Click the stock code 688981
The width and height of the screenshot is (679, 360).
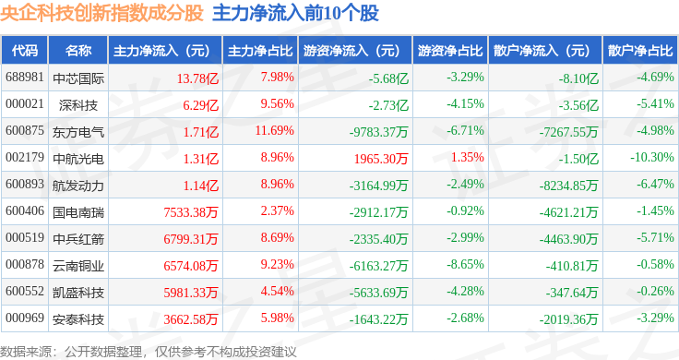25,78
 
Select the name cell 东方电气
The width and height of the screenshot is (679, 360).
78,132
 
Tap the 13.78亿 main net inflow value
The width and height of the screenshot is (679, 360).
197,78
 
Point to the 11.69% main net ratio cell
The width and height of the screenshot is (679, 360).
275,130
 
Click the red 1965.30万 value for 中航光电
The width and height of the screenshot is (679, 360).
381,159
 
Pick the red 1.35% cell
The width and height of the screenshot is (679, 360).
467,157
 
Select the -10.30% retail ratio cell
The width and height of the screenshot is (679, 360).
652,157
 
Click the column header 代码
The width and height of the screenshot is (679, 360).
25,50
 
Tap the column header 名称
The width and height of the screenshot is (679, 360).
78,50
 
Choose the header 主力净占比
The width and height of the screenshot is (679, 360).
260,51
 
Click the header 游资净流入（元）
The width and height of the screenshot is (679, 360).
351,51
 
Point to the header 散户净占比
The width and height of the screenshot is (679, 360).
640,51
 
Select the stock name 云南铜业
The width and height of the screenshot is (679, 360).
78,266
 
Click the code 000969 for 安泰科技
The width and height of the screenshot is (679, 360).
25,318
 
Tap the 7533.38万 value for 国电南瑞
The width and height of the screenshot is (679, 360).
191,212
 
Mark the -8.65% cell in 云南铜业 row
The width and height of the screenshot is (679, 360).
466,264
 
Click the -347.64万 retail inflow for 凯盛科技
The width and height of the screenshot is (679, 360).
572,293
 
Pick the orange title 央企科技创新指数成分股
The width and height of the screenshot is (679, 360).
101,13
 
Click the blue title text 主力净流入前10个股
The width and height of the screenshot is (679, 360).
296,13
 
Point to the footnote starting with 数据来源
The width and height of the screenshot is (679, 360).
149,352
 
